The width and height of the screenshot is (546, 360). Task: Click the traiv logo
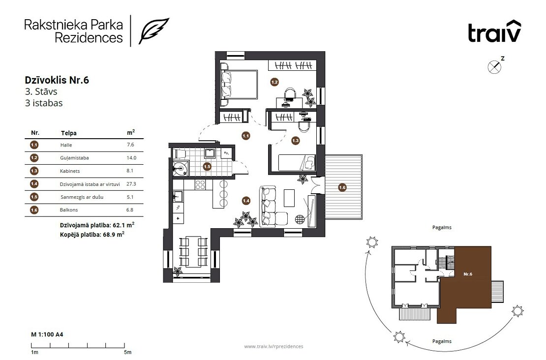point(494,31)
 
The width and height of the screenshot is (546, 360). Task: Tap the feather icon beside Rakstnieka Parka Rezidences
point(154,30)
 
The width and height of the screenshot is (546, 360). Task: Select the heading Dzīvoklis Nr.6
point(57,80)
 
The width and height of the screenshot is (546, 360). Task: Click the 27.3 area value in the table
point(131,184)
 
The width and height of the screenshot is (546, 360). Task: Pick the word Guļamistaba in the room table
point(74,158)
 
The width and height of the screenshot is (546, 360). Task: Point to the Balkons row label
point(68,210)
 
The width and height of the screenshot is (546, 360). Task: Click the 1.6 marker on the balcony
point(342,187)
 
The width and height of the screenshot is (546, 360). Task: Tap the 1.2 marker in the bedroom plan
point(274,82)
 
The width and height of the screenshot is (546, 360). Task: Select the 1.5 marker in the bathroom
point(207,166)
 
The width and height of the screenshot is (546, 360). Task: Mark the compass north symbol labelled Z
point(495,65)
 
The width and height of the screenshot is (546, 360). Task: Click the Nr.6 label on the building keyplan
point(468,274)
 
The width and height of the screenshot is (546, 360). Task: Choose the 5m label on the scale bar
point(128,352)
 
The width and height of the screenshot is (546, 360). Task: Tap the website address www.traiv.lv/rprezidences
point(273,346)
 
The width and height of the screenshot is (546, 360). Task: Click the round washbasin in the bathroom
point(181,169)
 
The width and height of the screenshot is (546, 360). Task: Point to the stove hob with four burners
point(200,184)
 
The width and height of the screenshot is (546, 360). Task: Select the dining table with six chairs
point(194,251)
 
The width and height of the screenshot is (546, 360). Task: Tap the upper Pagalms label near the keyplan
point(442,228)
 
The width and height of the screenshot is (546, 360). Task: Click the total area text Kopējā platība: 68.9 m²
point(92,234)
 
